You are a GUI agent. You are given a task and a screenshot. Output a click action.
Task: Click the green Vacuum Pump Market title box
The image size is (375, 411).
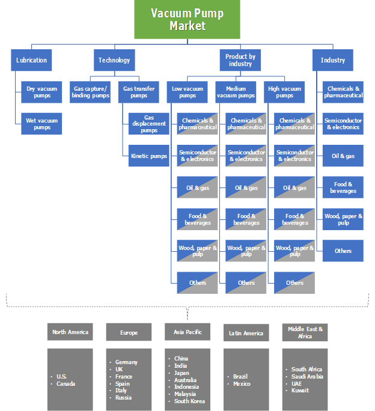coord(187,19)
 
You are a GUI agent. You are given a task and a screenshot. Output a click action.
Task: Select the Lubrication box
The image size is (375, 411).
coord(32,60)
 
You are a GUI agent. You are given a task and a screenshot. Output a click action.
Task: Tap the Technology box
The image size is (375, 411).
coord(114,60)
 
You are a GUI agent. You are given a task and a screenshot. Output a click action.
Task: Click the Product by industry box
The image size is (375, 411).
coord(240,60)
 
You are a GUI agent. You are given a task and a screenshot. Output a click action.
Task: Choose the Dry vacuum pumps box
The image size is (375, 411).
coord(41,92)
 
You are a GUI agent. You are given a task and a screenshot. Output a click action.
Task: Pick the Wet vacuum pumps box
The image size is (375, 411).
coord(41,124)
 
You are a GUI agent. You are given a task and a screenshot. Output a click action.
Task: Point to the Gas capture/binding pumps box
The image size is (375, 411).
coord(91,92)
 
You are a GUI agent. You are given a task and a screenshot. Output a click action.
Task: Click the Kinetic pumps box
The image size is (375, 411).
coord(149,156)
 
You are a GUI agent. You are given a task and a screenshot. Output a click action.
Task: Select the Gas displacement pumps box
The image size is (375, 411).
coord(149,124)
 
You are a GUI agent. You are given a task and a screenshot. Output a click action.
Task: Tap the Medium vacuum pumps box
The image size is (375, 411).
coord(236,92)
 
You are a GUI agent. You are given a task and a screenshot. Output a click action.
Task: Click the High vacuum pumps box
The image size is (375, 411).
coord(285,92)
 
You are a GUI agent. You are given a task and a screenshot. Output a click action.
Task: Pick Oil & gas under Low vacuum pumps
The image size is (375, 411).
coord(198,187)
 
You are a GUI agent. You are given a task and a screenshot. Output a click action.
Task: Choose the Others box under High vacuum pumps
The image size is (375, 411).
coord(294,282)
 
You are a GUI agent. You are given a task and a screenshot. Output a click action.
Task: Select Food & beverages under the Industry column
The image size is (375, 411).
coord(343,187)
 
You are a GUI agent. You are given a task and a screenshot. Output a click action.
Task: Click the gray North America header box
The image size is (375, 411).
coord(70,332)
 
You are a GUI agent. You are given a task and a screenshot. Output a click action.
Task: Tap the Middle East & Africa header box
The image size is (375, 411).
coord(305,332)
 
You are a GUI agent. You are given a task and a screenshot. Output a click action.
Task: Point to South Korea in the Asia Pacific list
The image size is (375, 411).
coord(189,401)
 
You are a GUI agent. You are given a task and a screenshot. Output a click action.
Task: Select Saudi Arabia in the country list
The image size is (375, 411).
coord(307,376)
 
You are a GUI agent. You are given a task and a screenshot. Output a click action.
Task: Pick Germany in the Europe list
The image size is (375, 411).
coord(126,362)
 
